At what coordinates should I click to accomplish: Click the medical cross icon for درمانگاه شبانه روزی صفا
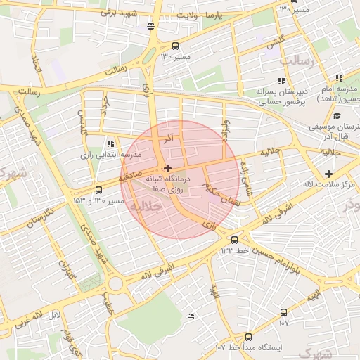[167, 168]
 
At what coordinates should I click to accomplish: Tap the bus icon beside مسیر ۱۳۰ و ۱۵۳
[98, 190]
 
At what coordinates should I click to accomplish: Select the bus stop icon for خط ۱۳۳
[234, 240]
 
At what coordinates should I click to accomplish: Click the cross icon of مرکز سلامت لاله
[328, 174]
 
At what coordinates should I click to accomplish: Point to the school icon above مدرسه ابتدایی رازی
[110, 143]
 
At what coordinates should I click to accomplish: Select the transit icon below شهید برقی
[150, 26]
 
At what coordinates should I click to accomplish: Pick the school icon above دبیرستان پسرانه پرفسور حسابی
[281, 81]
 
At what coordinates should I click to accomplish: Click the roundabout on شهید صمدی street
[116, 284]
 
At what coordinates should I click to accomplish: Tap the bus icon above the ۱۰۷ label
[283, 312]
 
